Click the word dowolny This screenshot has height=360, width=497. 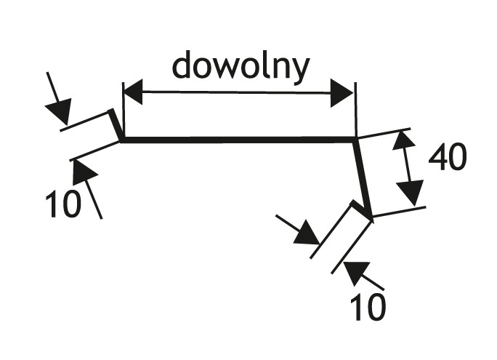[x=241, y=66]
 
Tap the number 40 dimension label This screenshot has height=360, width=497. [x=448, y=158]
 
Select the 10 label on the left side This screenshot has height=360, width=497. [x=63, y=205]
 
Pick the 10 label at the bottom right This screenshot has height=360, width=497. [x=367, y=307]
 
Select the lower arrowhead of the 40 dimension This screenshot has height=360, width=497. [x=411, y=193]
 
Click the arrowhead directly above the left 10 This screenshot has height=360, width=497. [x=84, y=172]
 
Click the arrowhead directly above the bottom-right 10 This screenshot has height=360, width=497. [x=355, y=272]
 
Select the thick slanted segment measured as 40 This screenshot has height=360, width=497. [x=363, y=175]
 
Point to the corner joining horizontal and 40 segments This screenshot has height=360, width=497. [x=356, y=140]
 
